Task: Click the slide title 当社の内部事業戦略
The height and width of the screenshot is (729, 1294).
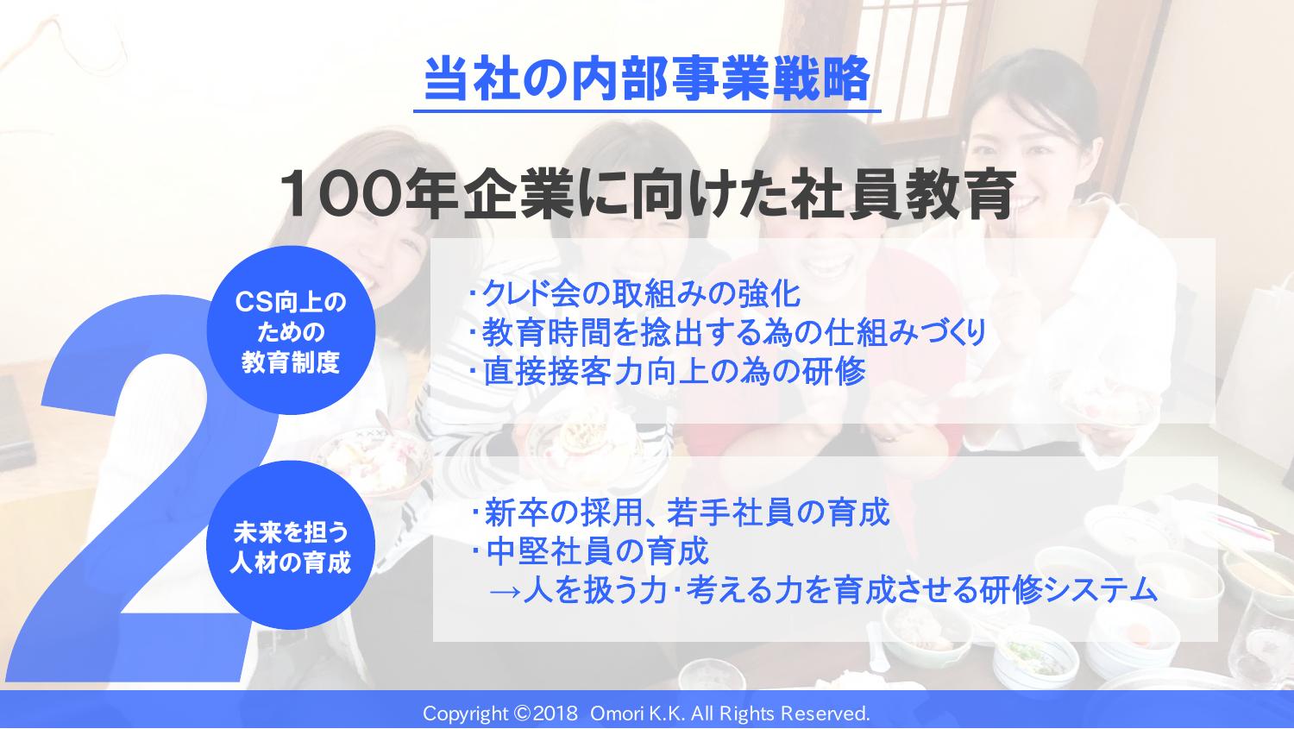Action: pos(647,79)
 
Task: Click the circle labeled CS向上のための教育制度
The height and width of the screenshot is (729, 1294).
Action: pos(291,330)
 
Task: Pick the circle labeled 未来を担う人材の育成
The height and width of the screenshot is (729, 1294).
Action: pos(291,545)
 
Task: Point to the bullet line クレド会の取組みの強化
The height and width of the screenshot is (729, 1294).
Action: pos(636,293)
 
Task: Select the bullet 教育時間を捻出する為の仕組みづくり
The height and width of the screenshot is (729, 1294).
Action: pos(728,333)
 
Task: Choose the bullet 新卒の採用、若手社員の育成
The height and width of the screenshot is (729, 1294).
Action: pos(681,512)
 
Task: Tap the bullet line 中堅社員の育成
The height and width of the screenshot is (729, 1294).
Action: pos(590,551)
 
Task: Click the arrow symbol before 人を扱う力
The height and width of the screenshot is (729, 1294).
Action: pos(505,592)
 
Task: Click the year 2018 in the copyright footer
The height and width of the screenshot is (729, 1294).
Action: pos(556,714)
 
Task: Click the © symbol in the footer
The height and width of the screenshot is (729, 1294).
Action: pos(522,714)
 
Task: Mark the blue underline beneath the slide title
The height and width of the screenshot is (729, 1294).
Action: pos(647,111)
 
